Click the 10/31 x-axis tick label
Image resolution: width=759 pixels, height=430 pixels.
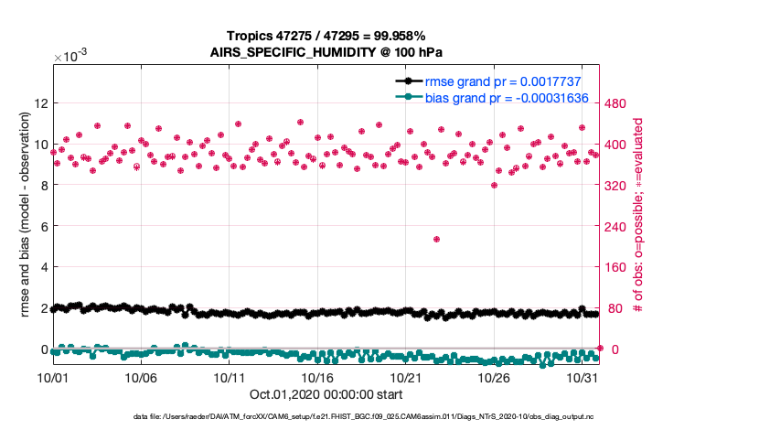582,377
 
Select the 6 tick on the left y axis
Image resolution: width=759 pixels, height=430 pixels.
41,226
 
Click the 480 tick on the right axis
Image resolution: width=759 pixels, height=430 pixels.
623,102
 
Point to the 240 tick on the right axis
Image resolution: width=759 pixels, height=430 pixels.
623,226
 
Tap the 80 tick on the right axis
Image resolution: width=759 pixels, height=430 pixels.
619,308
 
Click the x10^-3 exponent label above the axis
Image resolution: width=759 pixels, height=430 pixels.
70,57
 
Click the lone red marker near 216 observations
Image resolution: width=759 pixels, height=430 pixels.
437,239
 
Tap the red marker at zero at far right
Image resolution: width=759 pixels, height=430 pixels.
600,348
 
